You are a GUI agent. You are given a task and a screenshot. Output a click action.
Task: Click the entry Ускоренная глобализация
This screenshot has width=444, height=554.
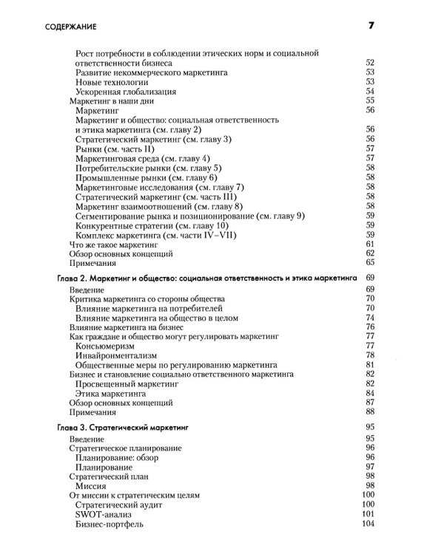pyautogui.click(x=126, y=92)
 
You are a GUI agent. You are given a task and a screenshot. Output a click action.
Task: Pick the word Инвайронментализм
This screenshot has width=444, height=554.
pyautogui.click(x=118, y=355)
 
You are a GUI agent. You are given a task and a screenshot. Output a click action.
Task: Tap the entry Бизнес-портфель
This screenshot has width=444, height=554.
pyautogui.click(x=110, y=525)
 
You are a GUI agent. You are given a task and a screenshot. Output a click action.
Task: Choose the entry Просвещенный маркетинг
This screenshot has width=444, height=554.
pyautogui.click(x=128, y=384)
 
